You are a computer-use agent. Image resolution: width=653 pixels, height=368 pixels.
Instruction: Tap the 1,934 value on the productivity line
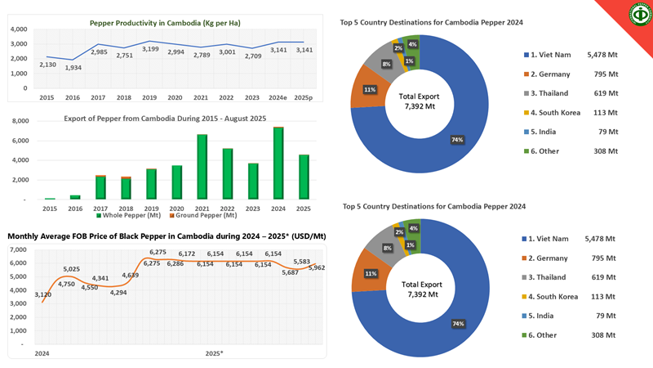pyautogui.click(x=73, y=67)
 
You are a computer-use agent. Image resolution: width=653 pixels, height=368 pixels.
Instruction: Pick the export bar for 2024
pyautogui.click(x=279, y=164)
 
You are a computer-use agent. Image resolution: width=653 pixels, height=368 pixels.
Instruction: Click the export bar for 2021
pyautogui.click(x=202, y=167)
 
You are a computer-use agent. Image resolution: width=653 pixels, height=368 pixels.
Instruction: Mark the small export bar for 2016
pyautogui.click(x=74, y=197)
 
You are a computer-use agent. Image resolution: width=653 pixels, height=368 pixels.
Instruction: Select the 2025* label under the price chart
pyautogui.click(x=215, y=353)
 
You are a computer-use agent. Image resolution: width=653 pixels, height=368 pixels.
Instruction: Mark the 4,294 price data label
pyautogui.click(x=118, y=292)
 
